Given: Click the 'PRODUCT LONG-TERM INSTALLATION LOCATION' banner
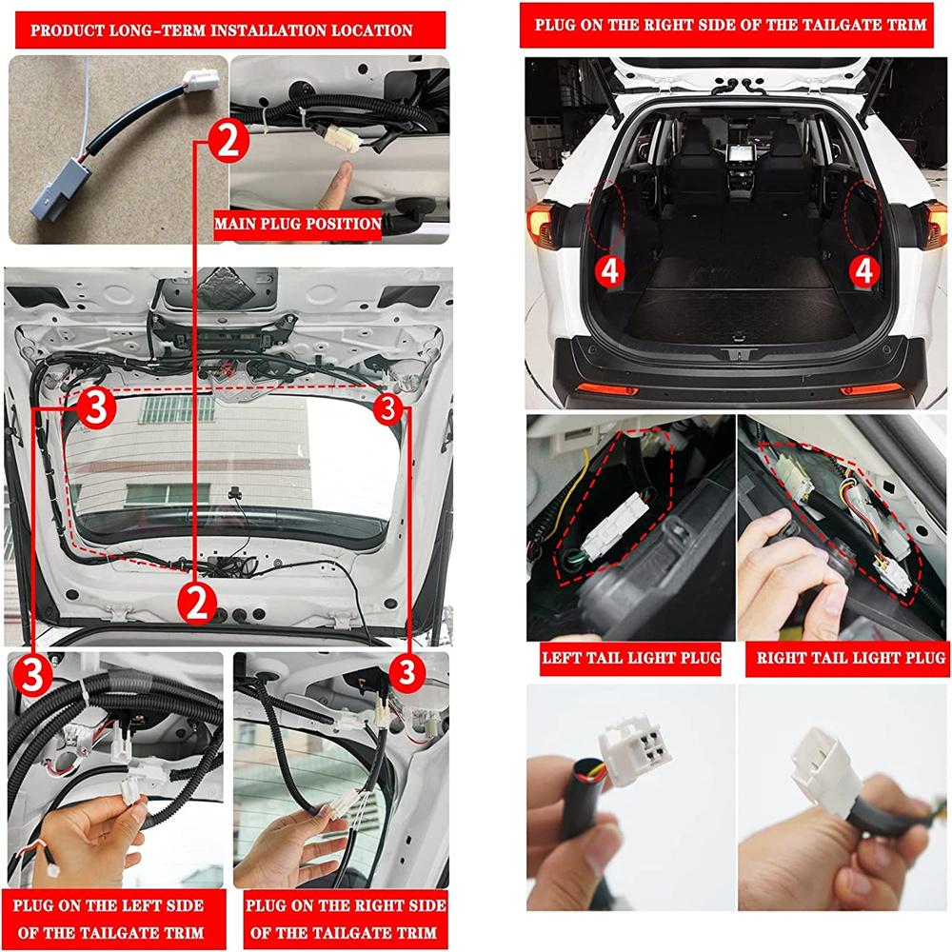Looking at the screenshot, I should coord(222,30).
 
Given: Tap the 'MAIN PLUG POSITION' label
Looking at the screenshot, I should coord(297,226).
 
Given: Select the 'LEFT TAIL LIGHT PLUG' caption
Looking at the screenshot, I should coord(630,658).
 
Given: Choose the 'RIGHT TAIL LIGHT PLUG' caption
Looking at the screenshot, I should coord(850,658).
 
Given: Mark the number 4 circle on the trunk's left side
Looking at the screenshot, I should coord(609,270).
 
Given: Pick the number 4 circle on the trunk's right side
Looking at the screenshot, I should coord(863,270).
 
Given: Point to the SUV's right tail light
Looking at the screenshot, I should coord(936,225).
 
